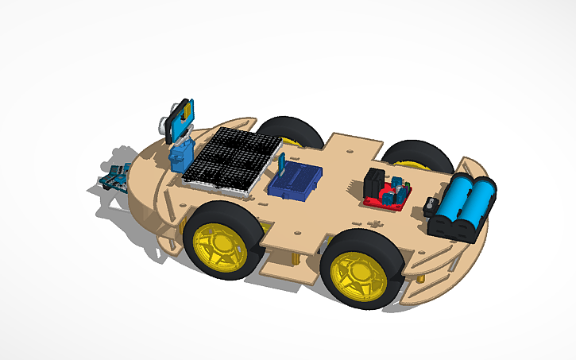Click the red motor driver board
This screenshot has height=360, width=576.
(388, 196)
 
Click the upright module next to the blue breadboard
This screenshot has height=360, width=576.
(281, 164)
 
